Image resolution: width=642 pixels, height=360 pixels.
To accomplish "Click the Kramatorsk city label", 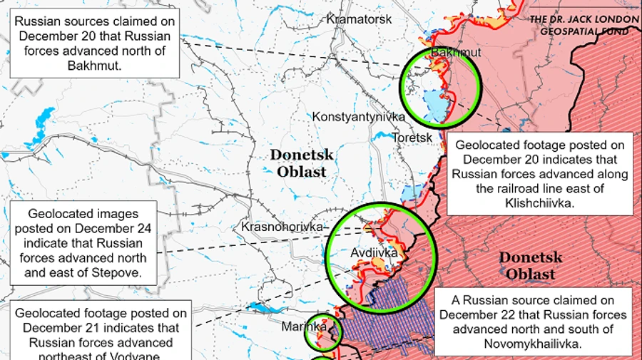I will (358, 19).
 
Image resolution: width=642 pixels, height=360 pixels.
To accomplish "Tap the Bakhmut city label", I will (456, 53).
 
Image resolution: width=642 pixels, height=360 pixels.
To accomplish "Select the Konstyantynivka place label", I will (358, 116).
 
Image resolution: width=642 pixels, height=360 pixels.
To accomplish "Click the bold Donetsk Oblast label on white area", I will (302, 163).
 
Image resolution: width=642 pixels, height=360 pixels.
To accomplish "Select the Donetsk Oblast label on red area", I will (531, 265).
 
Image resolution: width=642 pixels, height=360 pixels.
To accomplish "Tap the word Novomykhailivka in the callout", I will (536, 343).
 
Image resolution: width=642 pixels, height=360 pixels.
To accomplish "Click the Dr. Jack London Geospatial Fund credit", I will (584, 26).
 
